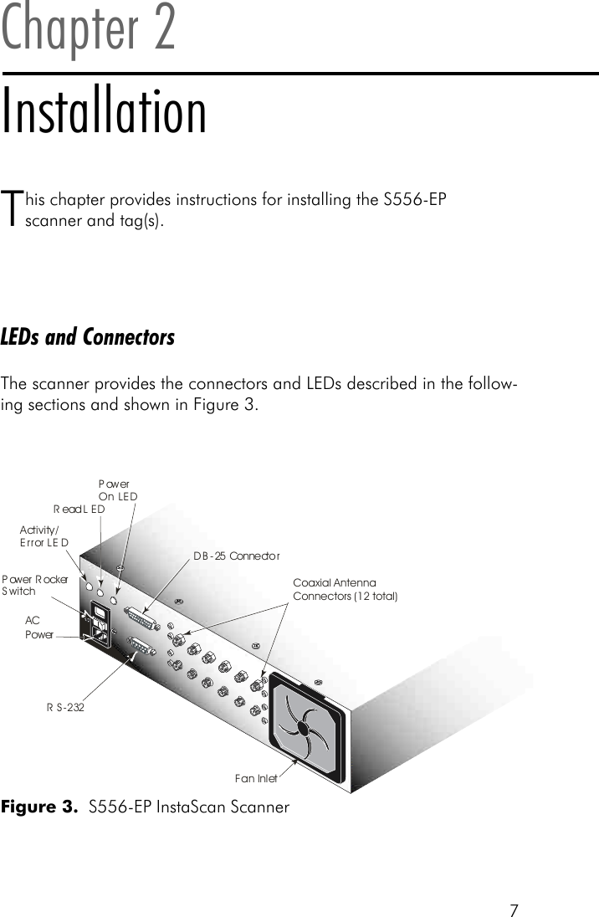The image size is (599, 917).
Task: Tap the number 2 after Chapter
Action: click(x=160, y=29)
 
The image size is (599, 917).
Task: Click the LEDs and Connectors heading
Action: click(x=88, y=337)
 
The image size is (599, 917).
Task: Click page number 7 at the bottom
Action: click(x=514, y=909)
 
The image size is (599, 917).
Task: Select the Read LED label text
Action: click(x=79, y=509)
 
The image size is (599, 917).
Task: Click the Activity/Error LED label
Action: click(x=44, y=536)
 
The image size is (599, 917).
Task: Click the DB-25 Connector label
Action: click(x=237, y=556)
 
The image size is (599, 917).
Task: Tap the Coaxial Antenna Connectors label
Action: click(x=345, y=589)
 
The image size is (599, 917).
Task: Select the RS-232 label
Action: click(x=65, y=707)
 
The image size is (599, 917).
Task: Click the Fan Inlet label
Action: click(x=256, y=779)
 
